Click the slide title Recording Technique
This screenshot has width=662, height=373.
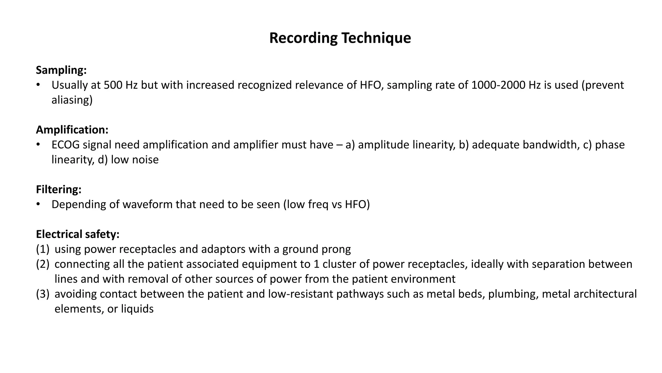click(x=340, y=38)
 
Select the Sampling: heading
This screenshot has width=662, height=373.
click(x=61, y=70)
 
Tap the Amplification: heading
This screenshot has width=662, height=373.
click(x=72, y=130)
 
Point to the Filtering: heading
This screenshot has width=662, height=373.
click(x=59, y=189)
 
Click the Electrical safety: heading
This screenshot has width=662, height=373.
click(x=78, y=234)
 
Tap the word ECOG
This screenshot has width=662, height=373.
click(x=65, y=145)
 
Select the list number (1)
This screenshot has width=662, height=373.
click(x=43, y=249)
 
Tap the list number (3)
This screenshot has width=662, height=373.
click(x=43, y=294)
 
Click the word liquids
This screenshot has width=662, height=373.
click(x=137, y=309)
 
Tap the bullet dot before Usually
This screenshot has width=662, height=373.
click(x=38, y=85)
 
